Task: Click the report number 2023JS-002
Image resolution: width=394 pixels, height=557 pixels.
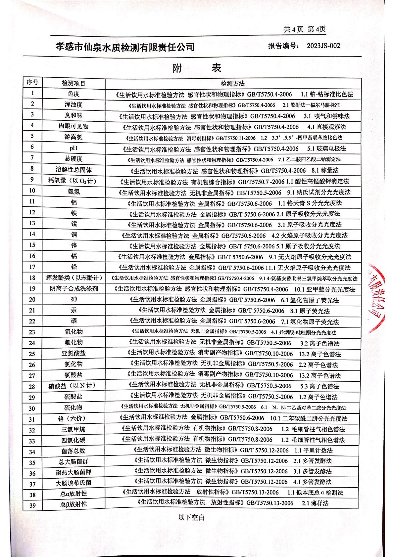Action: [323, 46]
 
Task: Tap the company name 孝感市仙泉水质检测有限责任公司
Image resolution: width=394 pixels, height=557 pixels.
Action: [125, 47]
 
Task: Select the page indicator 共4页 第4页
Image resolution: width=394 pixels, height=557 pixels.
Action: [305, 29]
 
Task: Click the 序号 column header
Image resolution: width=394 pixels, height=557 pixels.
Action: [32, 82]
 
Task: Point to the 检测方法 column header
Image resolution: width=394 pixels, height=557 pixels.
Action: [232, 83]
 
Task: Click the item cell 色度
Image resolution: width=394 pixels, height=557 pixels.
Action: [74, 94]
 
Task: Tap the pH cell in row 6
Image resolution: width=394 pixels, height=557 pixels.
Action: [74, 148]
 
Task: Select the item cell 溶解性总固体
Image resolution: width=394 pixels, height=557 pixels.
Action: [74, 170]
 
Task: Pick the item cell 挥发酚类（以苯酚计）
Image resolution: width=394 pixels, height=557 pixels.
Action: [74, 278]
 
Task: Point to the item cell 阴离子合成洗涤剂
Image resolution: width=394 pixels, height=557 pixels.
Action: [74, 289]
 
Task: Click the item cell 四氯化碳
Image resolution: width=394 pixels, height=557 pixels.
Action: [73, 440]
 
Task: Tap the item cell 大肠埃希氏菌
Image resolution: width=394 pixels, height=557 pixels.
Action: [73, 483]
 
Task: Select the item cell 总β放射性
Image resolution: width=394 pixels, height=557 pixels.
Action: [74, 504]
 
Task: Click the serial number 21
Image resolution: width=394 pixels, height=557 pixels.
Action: [32, 311]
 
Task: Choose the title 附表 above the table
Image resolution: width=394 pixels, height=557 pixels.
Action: [197, 68]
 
